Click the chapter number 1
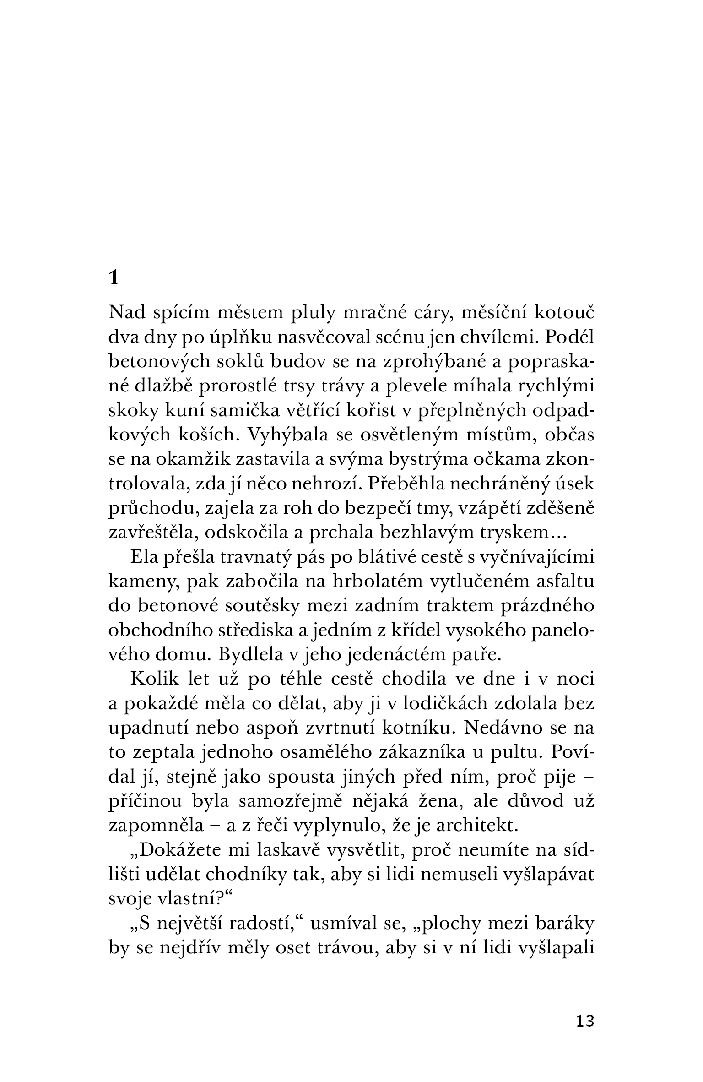[x=114, y=278]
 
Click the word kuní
[x=183, y=410]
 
